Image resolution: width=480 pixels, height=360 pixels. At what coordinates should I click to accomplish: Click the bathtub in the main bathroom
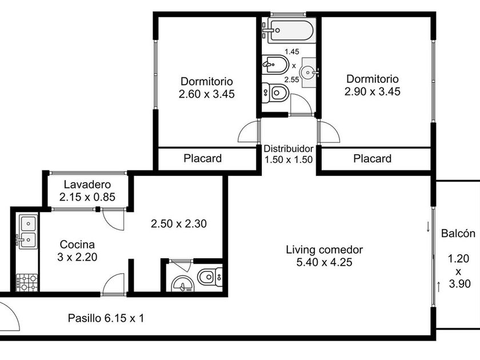291,30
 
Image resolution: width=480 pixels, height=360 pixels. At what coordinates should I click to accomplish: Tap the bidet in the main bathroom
275,65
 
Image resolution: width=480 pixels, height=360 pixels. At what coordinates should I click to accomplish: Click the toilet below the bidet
275,93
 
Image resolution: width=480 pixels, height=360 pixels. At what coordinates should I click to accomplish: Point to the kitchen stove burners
27,282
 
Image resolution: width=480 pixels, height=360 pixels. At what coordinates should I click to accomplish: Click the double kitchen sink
28,231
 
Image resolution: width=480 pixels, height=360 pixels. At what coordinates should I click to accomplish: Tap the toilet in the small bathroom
210,277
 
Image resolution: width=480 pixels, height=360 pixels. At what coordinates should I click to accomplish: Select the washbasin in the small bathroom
183,283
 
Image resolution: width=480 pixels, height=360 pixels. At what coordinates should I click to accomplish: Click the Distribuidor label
289,149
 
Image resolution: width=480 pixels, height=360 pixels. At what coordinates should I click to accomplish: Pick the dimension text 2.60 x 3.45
207,94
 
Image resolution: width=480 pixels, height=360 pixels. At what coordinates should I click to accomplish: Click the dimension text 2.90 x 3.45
372,91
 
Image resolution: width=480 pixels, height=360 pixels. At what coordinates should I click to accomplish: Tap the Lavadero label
87,185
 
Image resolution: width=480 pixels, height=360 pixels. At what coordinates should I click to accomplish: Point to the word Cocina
77,245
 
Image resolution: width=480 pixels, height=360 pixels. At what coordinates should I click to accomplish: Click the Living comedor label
325,250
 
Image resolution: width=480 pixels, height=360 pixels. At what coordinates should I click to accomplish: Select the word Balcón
458,234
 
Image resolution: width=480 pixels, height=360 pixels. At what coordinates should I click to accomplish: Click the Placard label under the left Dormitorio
203,159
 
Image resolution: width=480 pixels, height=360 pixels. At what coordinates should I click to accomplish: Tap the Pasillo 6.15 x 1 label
106,318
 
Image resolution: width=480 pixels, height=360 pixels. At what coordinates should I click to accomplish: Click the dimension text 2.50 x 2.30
179,224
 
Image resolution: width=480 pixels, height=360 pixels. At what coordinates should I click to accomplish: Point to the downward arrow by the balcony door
428,227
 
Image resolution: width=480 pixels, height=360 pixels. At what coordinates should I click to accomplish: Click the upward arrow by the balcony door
439,286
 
